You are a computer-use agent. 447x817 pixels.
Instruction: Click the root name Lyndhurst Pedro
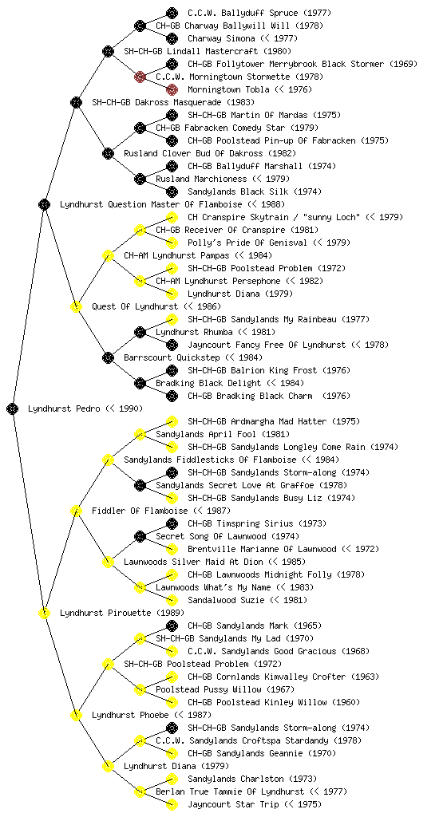(x=64, y=408)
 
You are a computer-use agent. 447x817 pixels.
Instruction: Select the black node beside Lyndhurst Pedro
(x=13, y=408)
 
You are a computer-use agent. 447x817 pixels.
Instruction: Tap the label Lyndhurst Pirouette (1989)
(x=122, y=613)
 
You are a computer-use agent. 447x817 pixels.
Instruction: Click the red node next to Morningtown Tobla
(x=172, y=89)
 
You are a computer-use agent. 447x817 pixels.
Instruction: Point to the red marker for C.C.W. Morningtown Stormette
(x=140, y=77)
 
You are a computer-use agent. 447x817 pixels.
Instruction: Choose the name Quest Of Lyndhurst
(x=134, y=306)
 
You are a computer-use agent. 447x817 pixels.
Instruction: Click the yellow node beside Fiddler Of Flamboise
(x=76, y=511)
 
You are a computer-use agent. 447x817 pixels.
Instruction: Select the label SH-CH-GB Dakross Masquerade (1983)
(x=173, y=102)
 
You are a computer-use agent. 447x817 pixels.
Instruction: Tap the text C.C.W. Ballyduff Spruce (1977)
(x=259, y=13)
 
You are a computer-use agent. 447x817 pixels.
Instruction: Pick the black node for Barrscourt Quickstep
(x=108, y=357)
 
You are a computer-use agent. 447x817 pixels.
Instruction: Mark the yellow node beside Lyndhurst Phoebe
(x=76, y=715)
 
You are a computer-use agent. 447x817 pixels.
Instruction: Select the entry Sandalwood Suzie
(x=226, y=600)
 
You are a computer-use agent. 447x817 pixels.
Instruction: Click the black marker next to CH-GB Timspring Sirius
(x=172, y=523)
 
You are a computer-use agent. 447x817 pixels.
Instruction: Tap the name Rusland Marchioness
(x=201, y=179)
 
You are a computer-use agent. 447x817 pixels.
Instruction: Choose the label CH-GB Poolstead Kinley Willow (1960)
(x=274, y=702)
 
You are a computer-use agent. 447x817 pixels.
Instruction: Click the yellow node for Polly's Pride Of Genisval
(x=172, y=243)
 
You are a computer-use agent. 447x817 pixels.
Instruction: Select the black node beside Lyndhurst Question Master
(x=44, y=204)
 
